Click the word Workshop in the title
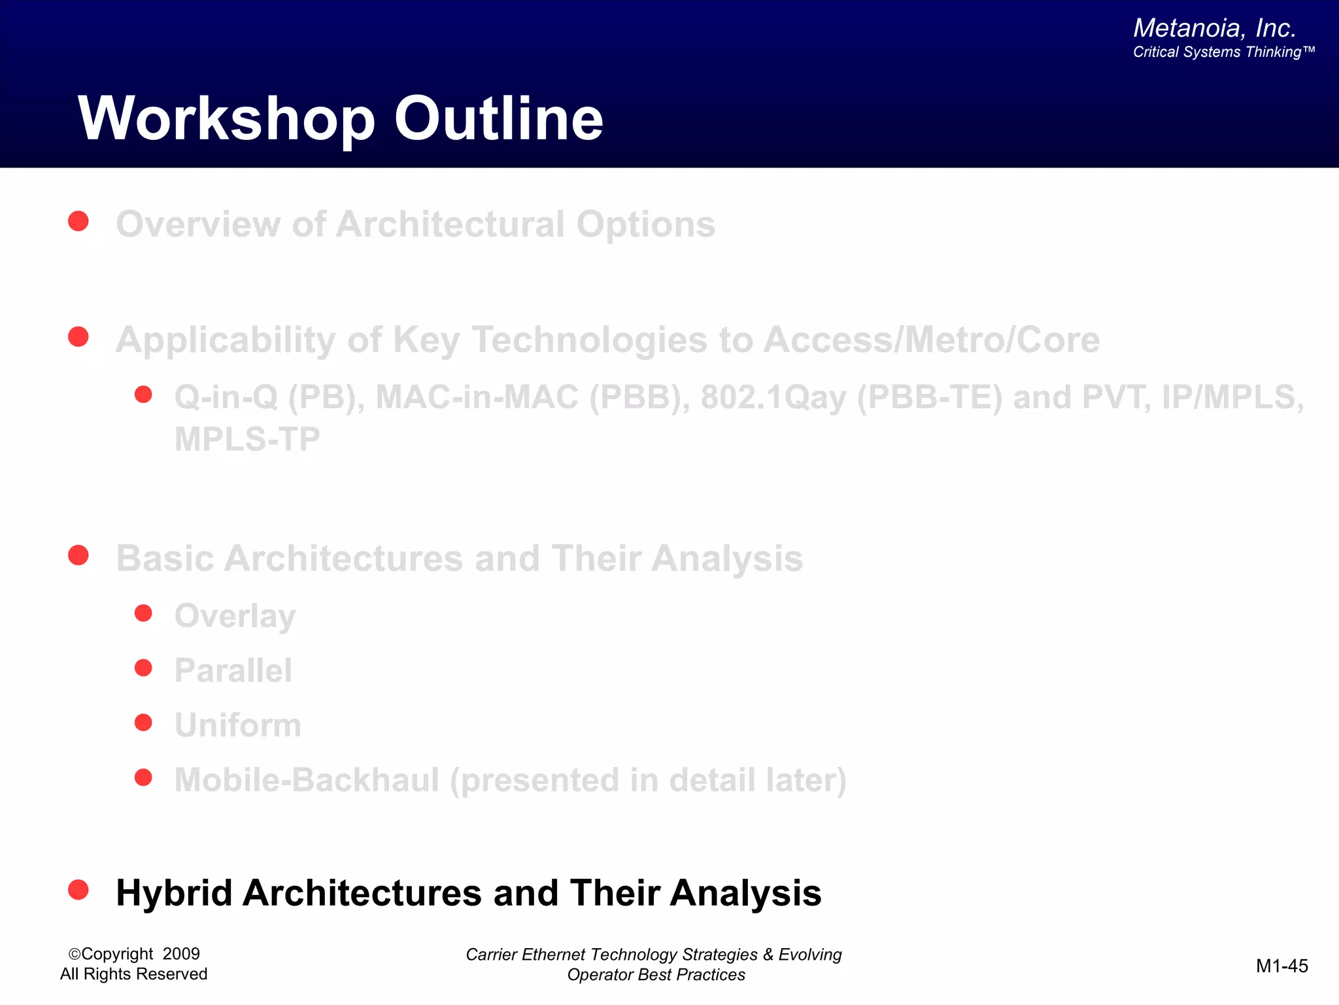(226, 119)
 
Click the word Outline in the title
(498, 119)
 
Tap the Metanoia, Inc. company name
(1214, 28)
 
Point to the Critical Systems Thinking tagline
(1223, 52)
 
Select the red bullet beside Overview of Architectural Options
(78, 221)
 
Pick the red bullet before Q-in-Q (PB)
(143, 395)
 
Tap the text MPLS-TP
(247, 439)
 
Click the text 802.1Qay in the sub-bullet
(773, 398)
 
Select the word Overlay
(235, 616)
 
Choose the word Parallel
(233, 671)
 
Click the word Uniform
(237, 726)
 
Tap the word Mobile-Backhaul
(307, 780)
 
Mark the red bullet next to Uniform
(143, 722)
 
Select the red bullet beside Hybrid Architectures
(78, 890)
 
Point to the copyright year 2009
(181, 954)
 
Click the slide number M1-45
(1281, 966)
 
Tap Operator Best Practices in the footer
(656, 975)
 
